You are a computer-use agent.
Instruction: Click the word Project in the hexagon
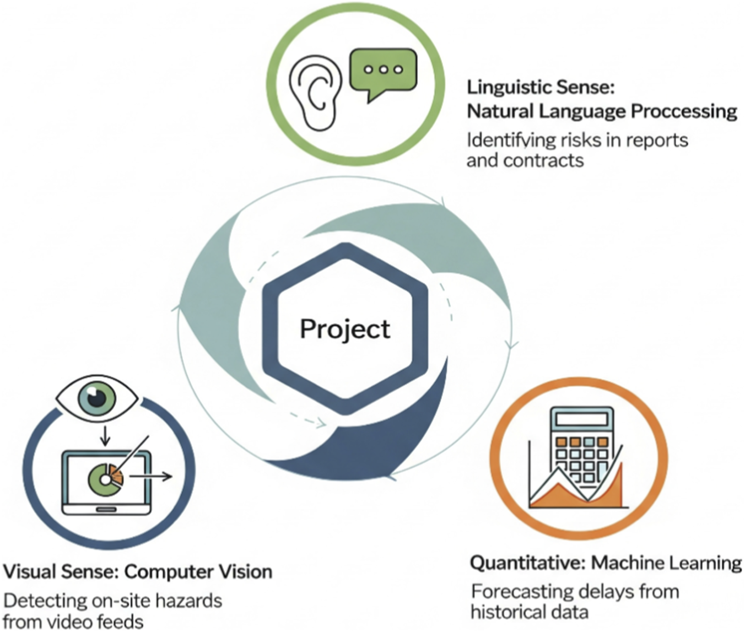click(x=345, y=329)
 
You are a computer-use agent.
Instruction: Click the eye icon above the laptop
click(x=98, y=398)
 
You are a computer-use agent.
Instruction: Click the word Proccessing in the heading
click(x=684, y=111)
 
